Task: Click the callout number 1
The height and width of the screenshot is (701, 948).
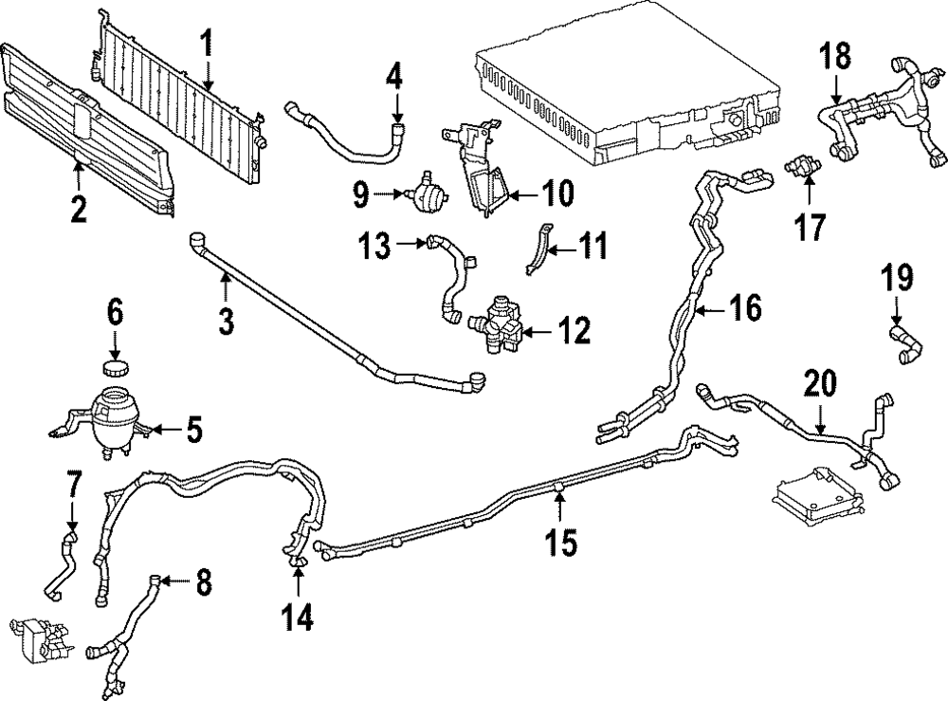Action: click(207, 44)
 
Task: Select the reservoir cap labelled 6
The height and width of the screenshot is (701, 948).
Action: click(115, 368)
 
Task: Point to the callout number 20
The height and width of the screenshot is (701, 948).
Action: click(821, 384)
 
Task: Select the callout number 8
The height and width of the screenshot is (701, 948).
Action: click(204, 581)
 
